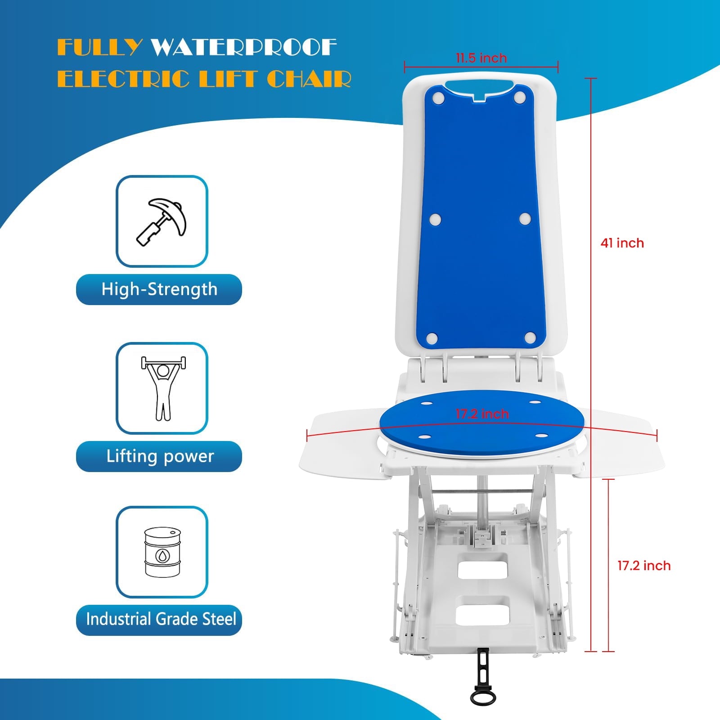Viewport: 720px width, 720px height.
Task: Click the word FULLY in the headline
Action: point(100,47)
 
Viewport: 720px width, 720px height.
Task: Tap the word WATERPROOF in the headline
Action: point(243,47)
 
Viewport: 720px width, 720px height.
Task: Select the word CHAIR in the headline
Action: point(309,79)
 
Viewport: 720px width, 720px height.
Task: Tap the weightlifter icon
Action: point(163,388)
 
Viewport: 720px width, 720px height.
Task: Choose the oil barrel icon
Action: point(162,552)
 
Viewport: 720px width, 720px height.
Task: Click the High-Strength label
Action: point(159,289)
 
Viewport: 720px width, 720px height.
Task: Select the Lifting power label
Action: point(160,456)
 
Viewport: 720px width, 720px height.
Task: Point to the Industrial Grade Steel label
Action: point(161,619)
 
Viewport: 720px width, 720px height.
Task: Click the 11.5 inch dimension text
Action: point(481,58)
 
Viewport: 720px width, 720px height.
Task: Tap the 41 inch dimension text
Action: point(622,243)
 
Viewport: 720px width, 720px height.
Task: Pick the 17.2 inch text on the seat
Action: point(482,414)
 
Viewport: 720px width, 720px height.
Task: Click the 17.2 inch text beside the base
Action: point(644,566)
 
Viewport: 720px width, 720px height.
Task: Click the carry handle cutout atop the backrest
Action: point(480,89)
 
